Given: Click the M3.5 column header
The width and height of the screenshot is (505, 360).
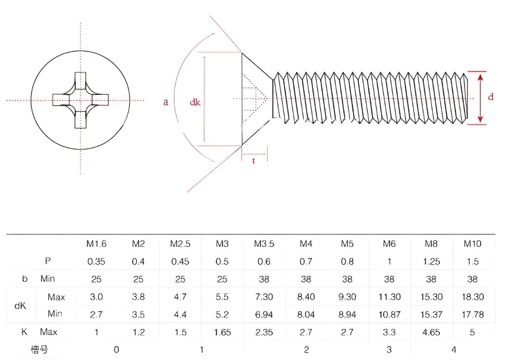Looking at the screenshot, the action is pyautogui.click(x=264, y=244).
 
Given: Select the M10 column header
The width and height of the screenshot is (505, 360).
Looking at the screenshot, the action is pyautogui.click(x=473, y=244).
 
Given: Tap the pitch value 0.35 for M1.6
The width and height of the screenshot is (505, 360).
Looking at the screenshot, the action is pyautogui.click(x=96, y=262).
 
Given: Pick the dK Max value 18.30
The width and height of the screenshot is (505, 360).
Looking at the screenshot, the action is pyautogui.click(x=473, y=296).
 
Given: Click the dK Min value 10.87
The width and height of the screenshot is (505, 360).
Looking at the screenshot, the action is pyautogui.click(x=389, y=314).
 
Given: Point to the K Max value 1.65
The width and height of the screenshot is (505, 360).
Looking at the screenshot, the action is pyautogui.click(x=222, y=332).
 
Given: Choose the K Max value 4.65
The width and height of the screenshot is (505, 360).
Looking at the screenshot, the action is pyautogui.click(x=431, y=332).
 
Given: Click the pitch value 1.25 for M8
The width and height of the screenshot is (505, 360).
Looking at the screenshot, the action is pyautogui.click(x=431, y=262).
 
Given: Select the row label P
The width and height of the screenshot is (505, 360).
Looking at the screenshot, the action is pyautogui.click(x=47, y=261).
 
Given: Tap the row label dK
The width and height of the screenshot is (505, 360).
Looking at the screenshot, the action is pyautogui.click(x=20, y=305).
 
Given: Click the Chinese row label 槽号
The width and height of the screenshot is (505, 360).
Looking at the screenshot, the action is pyautogui.click(x=39, y=349).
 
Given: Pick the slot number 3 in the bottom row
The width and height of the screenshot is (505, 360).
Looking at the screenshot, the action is pyautogui.click(x=389, y=349).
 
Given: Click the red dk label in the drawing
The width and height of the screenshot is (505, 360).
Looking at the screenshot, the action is pyautogui.click(x=195, y=102).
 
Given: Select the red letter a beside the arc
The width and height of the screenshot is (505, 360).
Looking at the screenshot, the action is pyautogui.click(x=166, y=102).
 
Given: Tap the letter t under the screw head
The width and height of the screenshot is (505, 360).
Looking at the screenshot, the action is pyautogui.click(x=254, y=161).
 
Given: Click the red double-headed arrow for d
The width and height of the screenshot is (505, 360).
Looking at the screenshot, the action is pyautogui.click(x=480, y=98).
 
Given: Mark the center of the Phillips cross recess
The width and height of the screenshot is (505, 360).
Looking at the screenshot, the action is pyautogui.click(x=80, y=100).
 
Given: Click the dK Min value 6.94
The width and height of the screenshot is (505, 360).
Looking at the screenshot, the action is pyautogui.click(x=264, y=314).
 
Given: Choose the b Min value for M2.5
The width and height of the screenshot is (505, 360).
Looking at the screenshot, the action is pyautogui.click(x=180, y=279).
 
